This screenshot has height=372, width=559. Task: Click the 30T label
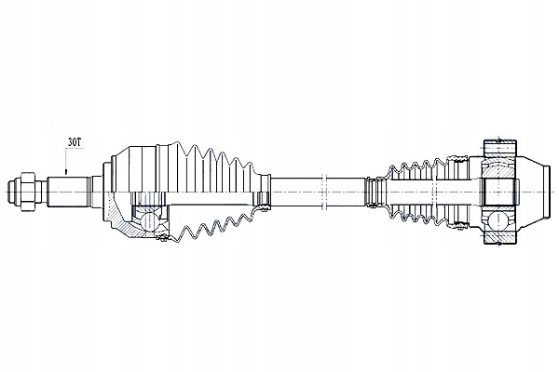click(75, 142)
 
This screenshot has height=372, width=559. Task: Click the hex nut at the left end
click(28, 192)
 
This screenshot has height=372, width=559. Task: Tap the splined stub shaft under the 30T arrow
click(68, 192)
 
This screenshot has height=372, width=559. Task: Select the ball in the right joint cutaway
click(498, 221)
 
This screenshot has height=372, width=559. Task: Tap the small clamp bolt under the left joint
click(161, 238)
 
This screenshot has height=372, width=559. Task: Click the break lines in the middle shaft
click(324, 192)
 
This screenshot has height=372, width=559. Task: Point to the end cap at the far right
click(545, 192)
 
